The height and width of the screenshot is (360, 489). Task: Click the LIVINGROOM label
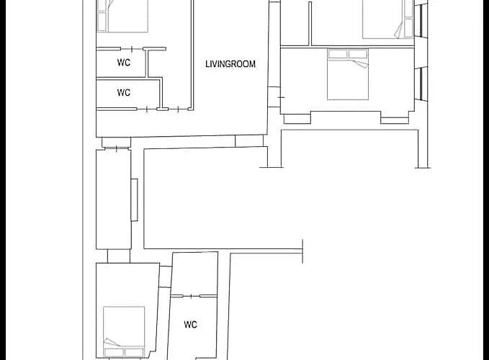coord(230,64)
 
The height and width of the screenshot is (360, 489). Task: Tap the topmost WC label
coord(124,63)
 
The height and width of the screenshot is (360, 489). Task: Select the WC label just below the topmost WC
coord(124,93)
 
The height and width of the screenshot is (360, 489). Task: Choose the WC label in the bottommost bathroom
coord(191,325)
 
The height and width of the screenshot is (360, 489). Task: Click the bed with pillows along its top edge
coord(348,74)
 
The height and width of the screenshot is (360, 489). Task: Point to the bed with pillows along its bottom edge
coord(124,332)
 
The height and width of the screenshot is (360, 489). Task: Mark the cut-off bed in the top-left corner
coord(122,16)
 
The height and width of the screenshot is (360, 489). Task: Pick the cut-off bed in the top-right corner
coord(388,19)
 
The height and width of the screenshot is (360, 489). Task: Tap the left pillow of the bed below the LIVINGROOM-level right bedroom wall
coord(338,53)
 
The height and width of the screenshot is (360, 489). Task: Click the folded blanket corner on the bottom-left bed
coord(112,342)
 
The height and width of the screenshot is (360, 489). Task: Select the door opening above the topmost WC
coord(132,49)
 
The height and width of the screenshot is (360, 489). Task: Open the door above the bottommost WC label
coord(191,296)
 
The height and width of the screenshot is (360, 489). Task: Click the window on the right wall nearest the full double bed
coord(421,84)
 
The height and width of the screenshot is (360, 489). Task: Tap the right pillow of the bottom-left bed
coord(134,353)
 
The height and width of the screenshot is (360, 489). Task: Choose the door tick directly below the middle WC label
coord(147,109)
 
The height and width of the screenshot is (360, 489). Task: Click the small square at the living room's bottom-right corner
coord(249,141)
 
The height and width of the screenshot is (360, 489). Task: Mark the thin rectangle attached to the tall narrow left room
coord(135,199)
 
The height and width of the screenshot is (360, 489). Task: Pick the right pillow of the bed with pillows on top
coord(358,53)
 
